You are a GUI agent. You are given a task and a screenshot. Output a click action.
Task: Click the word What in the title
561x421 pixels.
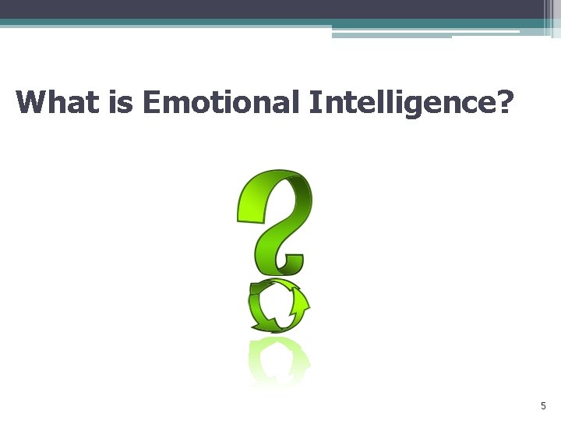click(58, 102)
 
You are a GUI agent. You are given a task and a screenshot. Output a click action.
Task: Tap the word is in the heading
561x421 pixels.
click(122, 102)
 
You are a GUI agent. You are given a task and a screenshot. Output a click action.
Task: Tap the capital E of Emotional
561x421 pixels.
click(153, 102)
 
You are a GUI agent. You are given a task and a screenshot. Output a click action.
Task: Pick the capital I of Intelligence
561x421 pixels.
click(315, 102)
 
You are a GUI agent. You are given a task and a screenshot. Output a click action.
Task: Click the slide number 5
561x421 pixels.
click(543, 406)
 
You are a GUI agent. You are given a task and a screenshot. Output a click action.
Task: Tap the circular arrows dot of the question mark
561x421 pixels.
click(278, 306)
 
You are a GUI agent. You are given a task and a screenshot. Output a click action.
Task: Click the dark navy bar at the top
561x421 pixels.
click(265, 9)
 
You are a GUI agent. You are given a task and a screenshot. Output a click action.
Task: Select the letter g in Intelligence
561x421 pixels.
click(441, 105)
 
